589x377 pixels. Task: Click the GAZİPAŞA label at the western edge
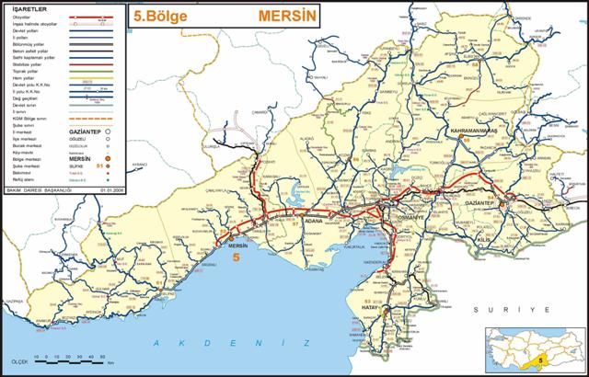[14, 301]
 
